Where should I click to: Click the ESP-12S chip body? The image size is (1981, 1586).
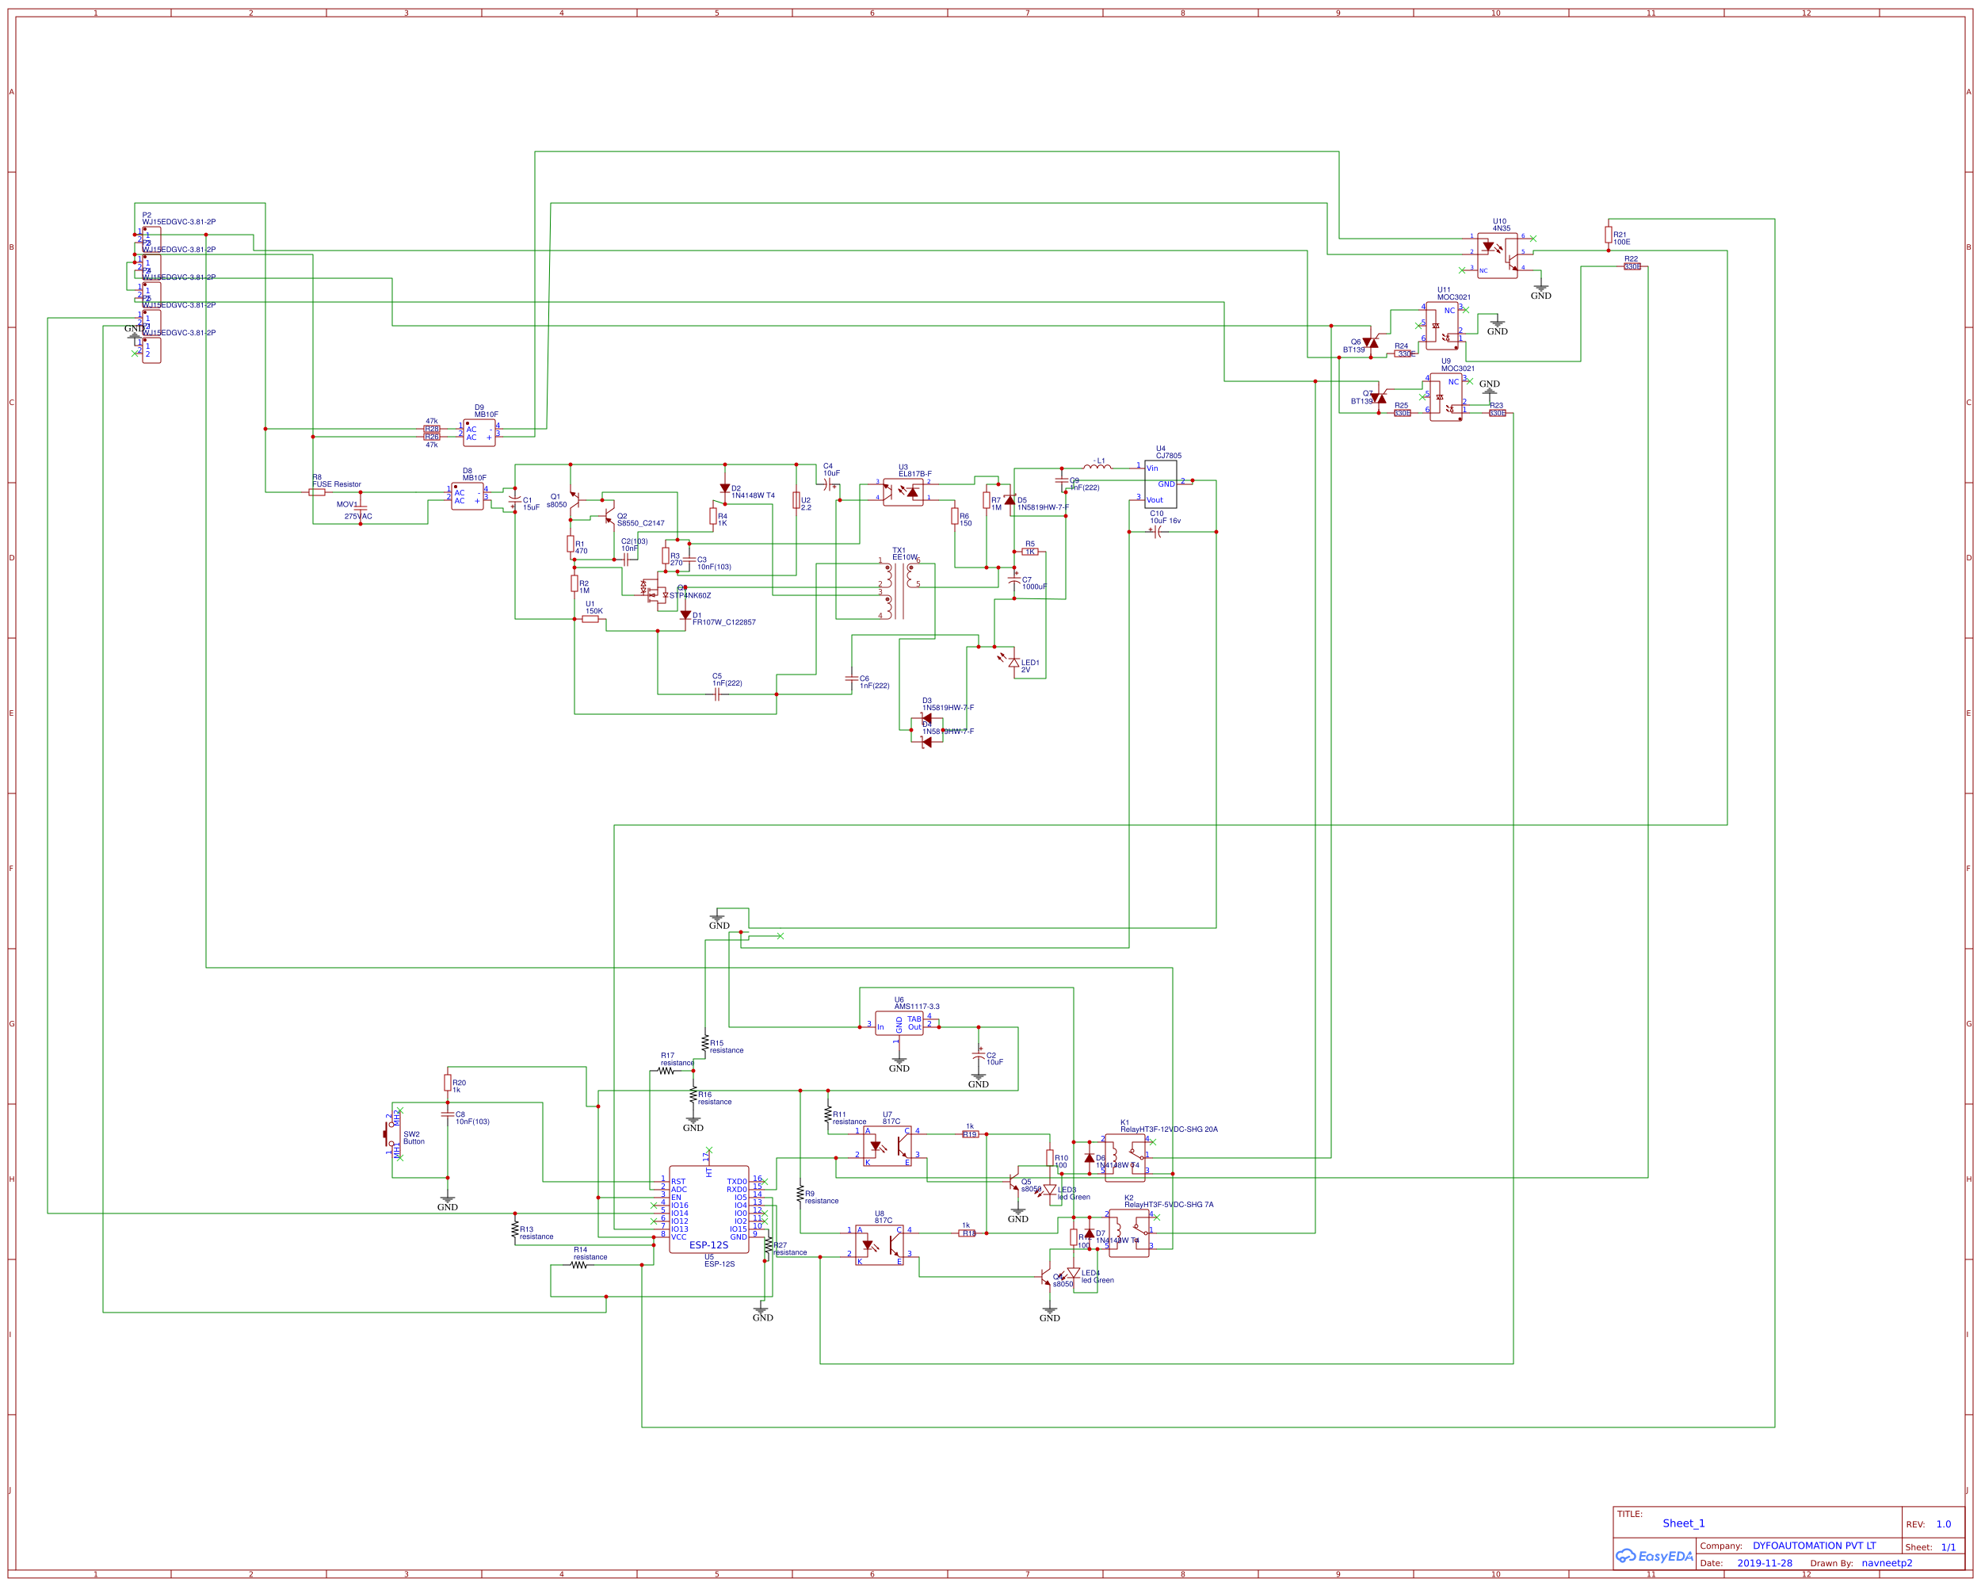[708, 1210]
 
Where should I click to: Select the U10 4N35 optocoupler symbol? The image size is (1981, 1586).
[1497, 254]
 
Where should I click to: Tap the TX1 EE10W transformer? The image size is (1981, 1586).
[899, 590]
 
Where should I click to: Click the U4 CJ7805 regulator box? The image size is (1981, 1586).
[1159, 484]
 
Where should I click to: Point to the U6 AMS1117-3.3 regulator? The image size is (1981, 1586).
[899, 1022]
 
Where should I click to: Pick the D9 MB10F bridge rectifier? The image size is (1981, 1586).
[479, 433]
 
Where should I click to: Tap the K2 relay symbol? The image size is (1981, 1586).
[1128, 1233]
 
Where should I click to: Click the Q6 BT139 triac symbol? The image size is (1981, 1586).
[1370, 342]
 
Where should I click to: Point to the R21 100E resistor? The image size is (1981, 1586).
[1608, 235]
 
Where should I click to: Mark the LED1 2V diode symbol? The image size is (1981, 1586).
[1013, 663]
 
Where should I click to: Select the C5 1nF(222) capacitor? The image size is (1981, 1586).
[718, 694]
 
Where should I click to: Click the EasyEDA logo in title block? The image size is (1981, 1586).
[1653, 1557]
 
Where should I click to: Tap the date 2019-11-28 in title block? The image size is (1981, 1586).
[1764, 1563]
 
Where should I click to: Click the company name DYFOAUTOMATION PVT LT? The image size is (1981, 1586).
[1813, 1546]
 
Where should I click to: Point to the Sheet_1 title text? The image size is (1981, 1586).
[1682, 1523]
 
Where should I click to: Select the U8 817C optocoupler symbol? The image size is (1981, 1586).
[879, 1245]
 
